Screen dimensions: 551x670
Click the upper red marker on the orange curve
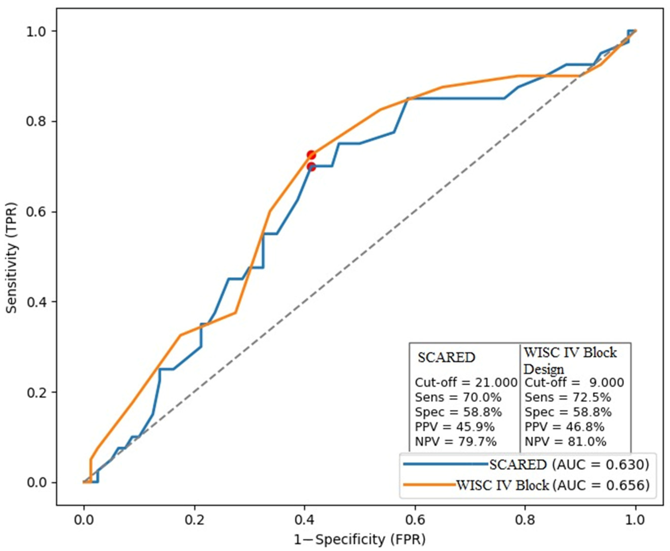(311, 155)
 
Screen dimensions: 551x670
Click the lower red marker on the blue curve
(311, 166)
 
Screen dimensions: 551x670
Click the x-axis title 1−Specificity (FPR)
(360, 540)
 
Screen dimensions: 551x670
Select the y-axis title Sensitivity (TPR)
(12, 257)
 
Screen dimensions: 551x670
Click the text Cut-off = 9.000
(574, 383)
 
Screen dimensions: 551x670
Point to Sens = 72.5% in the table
(568, 397)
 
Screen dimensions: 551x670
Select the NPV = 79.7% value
(456, 441)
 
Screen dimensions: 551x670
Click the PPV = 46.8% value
(564, 427)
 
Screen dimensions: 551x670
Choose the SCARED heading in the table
(446, 358)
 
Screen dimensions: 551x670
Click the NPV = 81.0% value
(565, 441)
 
